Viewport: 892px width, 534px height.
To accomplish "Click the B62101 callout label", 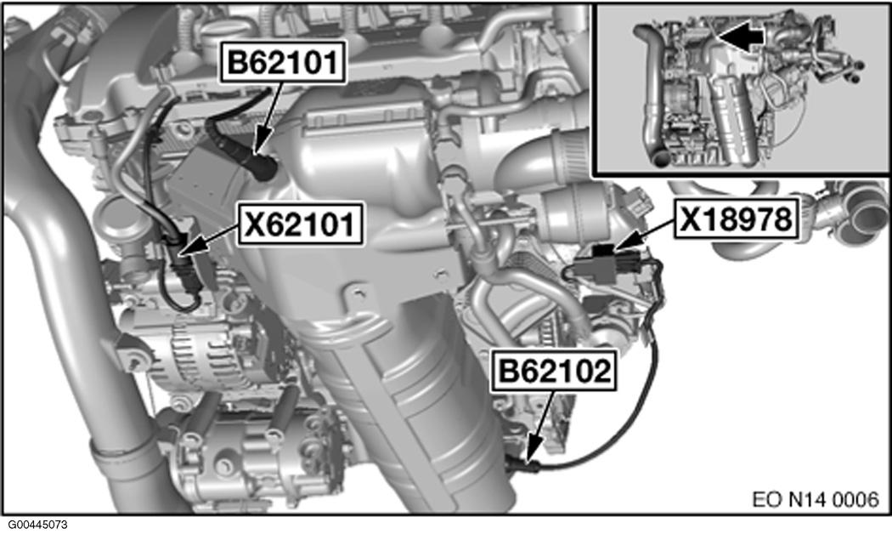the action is coord(283,62).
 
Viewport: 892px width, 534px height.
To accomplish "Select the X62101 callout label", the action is coord(301,224).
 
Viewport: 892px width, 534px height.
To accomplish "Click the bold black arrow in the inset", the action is coord(741,37).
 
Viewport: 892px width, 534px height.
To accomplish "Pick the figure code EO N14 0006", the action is coord(816,499).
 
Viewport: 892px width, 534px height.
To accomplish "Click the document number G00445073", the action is coord(37,525).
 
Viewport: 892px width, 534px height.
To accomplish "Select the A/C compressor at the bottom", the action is coord(251,456).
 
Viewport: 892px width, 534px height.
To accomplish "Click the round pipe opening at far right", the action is coord(867,215).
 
